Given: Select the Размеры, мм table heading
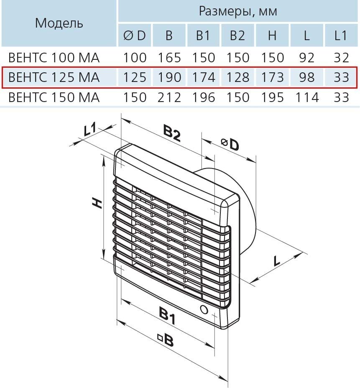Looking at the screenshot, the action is [237, 11].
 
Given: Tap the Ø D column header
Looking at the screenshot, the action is [135, 36].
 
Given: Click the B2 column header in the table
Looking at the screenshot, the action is [237, 36].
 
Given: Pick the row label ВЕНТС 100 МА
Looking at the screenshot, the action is [54, 57].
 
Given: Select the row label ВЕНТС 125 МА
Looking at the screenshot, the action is [54, 77].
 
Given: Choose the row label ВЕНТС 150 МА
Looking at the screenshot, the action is [54, 97].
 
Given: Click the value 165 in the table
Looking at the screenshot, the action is [169, 57].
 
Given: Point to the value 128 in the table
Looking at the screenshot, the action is [237, 77].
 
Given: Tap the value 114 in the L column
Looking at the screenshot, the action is [306, 97].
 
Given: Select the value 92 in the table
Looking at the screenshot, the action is [306, 57].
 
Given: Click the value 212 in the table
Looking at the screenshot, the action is [169, 97].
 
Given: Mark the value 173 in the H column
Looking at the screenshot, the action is [272, 77].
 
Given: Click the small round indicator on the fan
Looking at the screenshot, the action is [204, 310].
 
